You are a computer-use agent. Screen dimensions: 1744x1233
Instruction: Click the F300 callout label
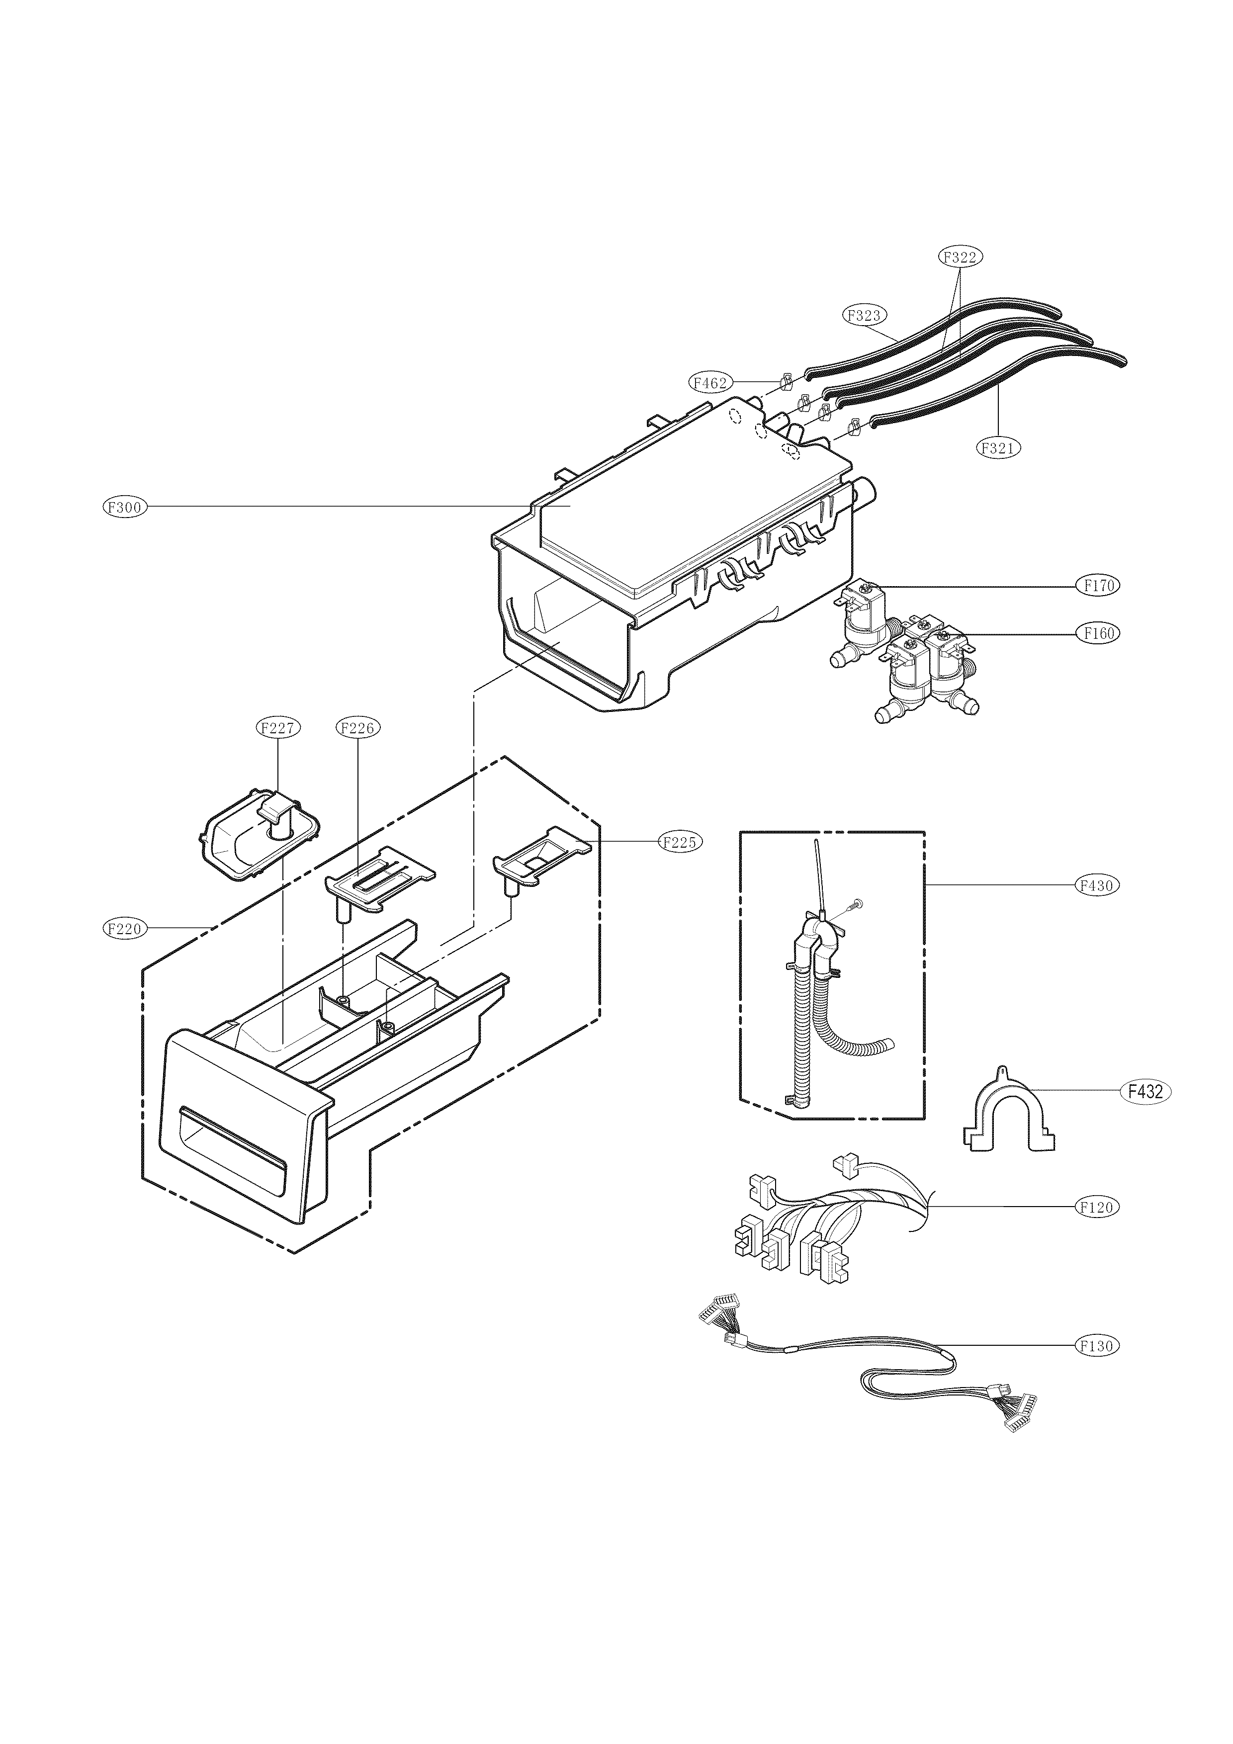pyautogui.click(x=125, y=508)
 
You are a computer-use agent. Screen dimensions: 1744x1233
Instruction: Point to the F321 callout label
pyautogui.click(x=997, y=448)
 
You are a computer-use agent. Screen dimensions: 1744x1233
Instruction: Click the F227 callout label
pyautogui.click(x=277, y=728)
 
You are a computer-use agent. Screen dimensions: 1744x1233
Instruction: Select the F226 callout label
pyautogui.click(x=357, y=728)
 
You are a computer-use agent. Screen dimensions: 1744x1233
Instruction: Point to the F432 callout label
pyautogui.click(x=1145, y=1092)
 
